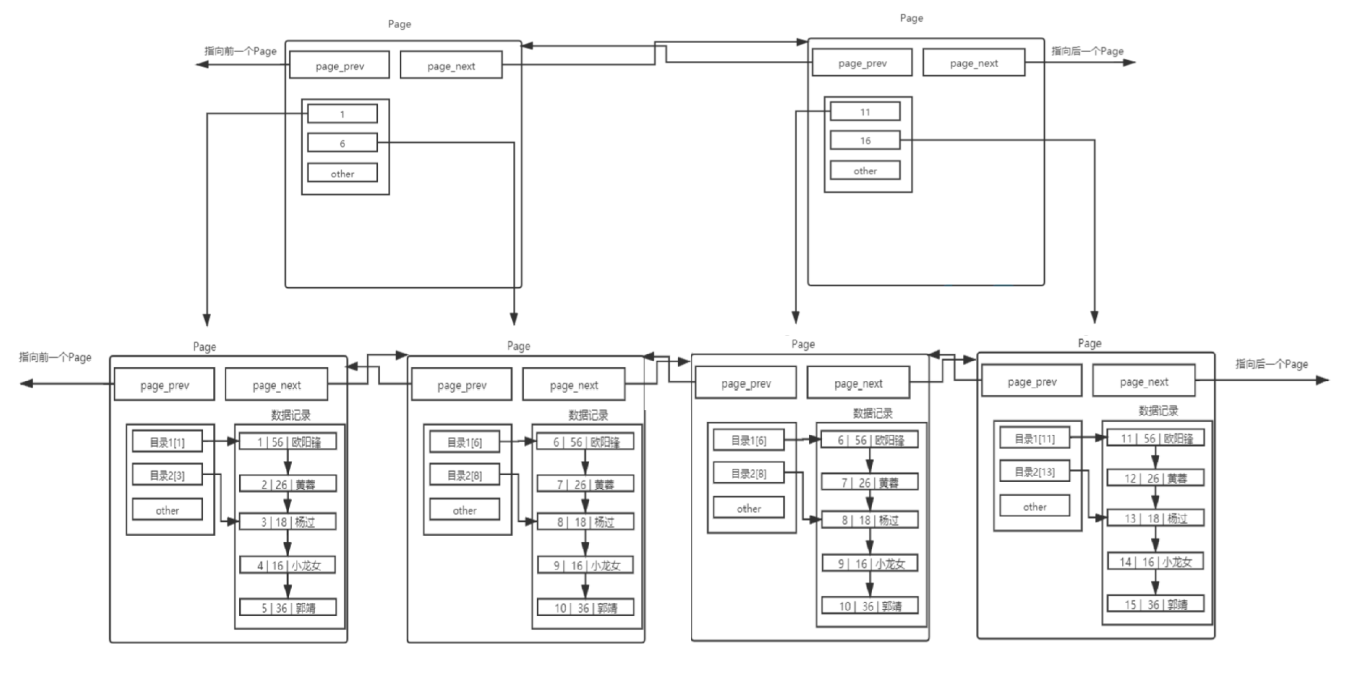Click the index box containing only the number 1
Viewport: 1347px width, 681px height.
[342, 113]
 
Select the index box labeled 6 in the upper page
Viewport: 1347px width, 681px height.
[342, 143]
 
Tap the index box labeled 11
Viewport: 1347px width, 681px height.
[865, 111]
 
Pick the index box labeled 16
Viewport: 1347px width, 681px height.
[865, 140]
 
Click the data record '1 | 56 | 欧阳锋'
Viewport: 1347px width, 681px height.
[288, 442]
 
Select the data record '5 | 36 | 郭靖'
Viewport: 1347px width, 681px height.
[288, 607]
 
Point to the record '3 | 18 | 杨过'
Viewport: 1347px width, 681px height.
[288, 522]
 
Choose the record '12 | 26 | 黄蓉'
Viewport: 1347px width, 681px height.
[1155, 478]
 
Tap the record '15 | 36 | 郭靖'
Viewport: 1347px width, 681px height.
[1155, 604]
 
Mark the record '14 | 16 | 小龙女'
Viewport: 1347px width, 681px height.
[1155, 561]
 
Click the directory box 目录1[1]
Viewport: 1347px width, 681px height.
[167, 442]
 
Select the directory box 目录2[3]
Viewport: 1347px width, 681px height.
[167, 475]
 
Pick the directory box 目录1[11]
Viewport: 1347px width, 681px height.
[1034, 438]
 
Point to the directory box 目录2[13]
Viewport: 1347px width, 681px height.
[1034, 471]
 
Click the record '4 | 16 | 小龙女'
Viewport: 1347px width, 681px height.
[288, 565]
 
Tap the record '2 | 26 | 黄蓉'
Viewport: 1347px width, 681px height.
[288, 484]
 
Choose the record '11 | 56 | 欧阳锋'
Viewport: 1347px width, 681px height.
[1155, 438]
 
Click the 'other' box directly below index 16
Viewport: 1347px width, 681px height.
[865, 170]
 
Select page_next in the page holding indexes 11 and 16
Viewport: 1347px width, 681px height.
[973, 63]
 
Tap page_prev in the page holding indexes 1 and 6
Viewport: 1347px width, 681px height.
[339, 66]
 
